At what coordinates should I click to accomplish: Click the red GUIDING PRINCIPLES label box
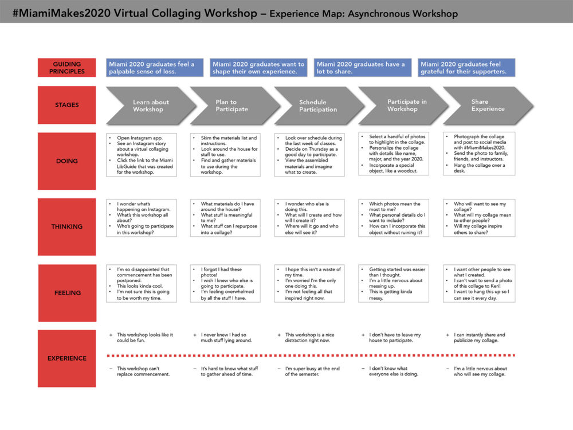[x=67, y=68]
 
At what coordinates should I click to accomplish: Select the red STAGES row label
[x=67, y=105]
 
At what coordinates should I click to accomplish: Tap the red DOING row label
[x=67, y=161]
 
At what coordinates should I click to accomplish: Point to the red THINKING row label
[x=67, y=226]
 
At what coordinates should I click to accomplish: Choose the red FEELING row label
[x=67, y=293]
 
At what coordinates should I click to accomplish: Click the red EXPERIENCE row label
[x=67, y=358]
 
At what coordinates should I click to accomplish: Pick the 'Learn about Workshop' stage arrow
[x=151, y=105]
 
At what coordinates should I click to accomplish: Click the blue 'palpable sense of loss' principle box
[x=155, y=68]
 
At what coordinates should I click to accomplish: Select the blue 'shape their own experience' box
[x=258, y=68]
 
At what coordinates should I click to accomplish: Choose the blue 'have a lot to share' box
[x=363, y=68]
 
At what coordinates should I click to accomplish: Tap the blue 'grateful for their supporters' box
[x=466, y=68]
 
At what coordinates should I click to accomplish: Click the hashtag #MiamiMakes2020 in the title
[x=62, y=13]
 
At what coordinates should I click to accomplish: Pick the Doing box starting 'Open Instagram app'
[x=142, y=155]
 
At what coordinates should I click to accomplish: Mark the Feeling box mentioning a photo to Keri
[x=479, y=283]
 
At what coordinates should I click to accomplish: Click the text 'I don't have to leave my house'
[x=395, y=338]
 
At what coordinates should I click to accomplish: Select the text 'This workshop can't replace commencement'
[x=143, y=371]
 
